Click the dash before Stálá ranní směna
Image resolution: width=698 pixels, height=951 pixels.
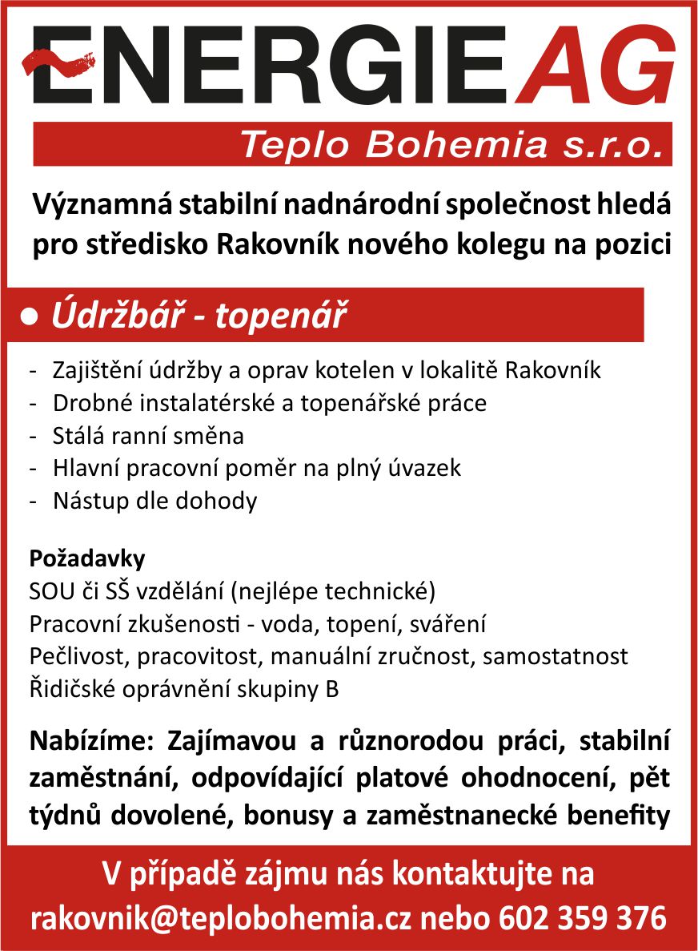(34, 437)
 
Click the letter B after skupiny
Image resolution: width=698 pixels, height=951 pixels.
(331, 689)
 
